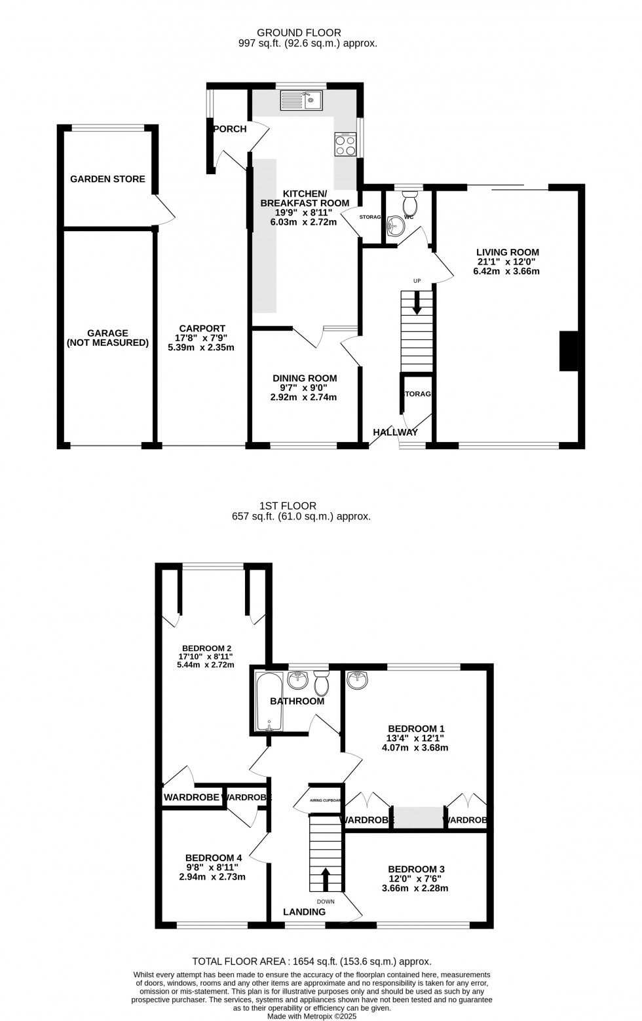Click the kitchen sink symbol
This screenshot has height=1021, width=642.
(301, 100)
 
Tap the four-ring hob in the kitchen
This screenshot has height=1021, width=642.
(345, 145)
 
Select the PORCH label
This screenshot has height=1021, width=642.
(230, 129)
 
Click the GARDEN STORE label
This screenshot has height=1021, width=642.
(107, 179)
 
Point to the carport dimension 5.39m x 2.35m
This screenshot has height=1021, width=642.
(201, 348)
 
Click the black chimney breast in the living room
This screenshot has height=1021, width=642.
(568, 351)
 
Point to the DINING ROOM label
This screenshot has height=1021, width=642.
(305, 378)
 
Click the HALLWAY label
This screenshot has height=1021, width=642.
(395, 432)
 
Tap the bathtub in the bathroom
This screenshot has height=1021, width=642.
(269, 701)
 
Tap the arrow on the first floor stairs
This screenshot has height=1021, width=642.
(326, 878)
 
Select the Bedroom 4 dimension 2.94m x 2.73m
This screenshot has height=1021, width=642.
(212, 877)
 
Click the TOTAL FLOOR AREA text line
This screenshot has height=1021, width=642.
(312, 961)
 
